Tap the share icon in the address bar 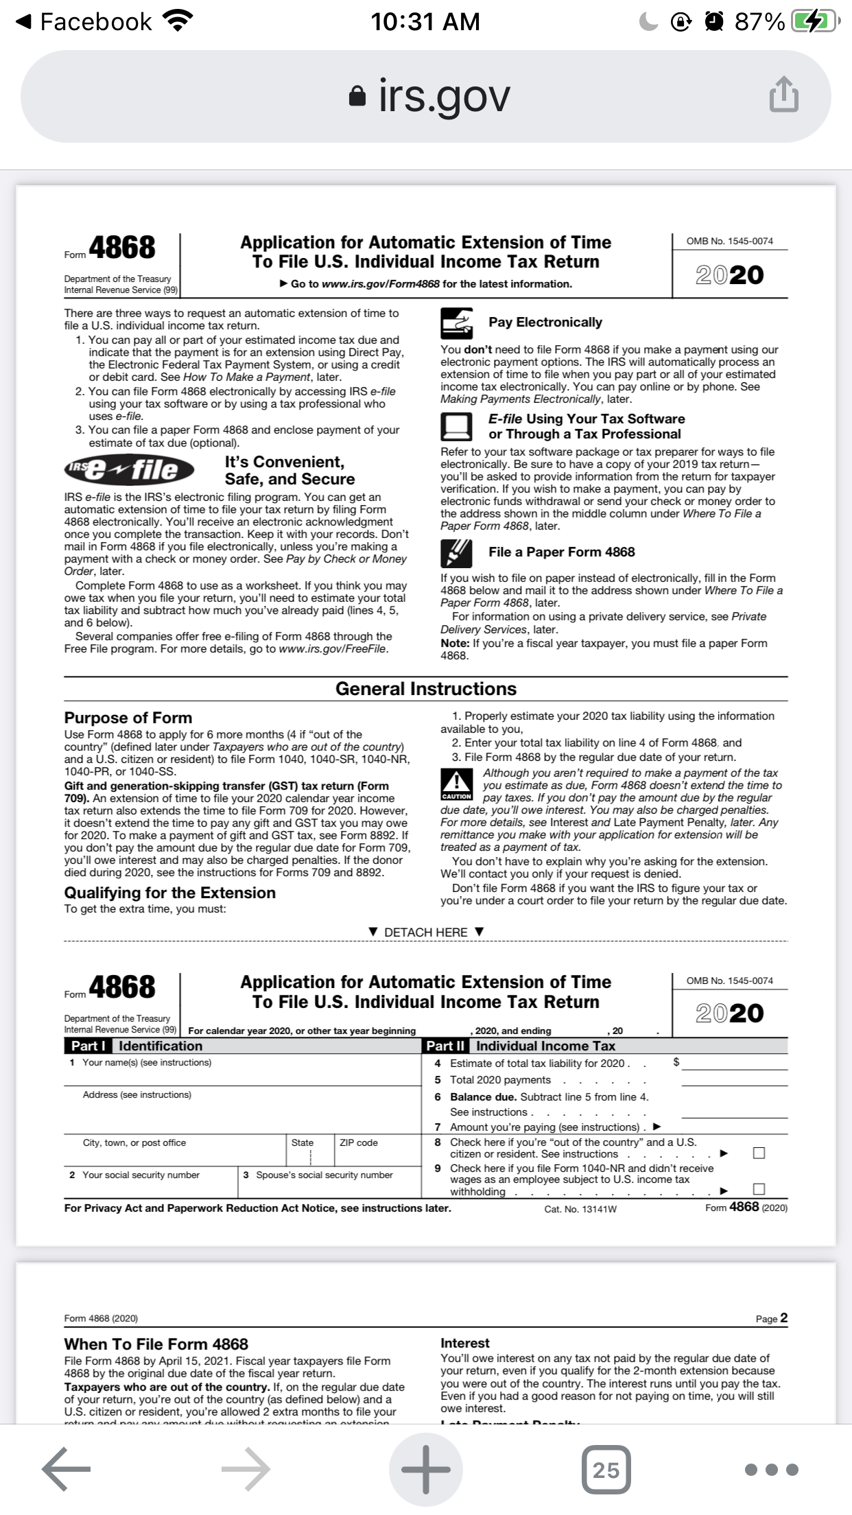point(783,95)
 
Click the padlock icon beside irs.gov point(357,96)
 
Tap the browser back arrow point(66,1468)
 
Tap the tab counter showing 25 point(606,1469)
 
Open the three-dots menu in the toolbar point(772,1469)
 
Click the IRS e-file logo point(130,469)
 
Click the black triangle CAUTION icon point(456,784)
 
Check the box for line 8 point(759,1153)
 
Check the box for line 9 point(759,1188)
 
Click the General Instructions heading point(425,689)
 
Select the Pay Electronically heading point(545,322)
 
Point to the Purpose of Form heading point(128,718)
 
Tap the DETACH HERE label point(425,932)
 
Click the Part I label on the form point(88,1046)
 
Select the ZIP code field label point(358,1142)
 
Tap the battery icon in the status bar point(814,22)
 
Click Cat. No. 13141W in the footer point(580,1209)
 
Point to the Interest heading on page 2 point(465,1343)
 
